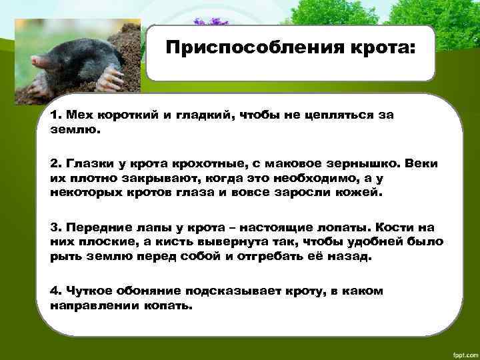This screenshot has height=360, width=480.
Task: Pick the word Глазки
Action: [x=87, y=163]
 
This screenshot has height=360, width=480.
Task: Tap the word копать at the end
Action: [x=171, y=307]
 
